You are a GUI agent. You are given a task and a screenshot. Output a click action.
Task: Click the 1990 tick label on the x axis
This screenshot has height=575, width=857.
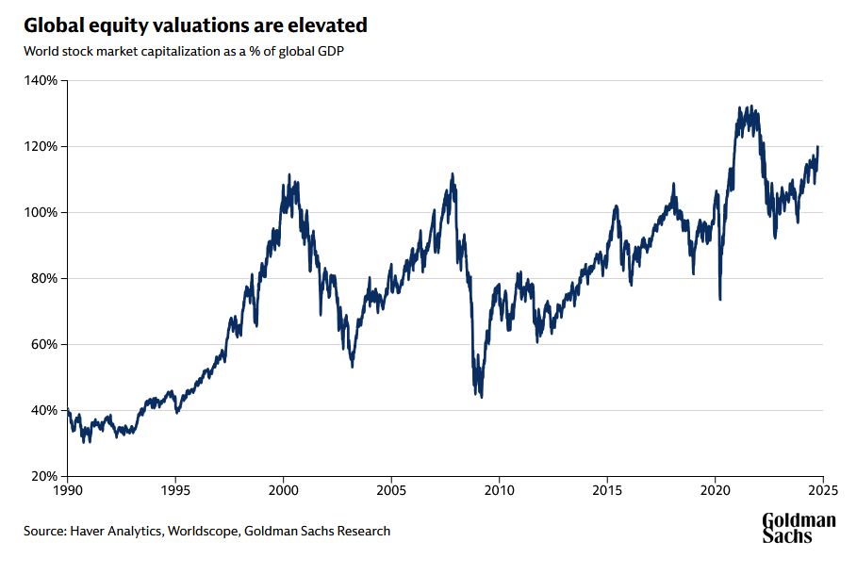[x=68, y=491]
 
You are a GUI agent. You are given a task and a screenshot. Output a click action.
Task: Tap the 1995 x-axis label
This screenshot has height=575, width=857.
[x=176, y=491]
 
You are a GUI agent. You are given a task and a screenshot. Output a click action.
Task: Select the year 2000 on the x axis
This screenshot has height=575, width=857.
[x=284, y=491]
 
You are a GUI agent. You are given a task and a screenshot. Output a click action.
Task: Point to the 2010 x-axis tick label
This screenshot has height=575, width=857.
[x=500, y=491]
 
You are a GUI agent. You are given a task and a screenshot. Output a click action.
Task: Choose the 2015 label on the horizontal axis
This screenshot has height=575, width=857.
[x=607, y=491]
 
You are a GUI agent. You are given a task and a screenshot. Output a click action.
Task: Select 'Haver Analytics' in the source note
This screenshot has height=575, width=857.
[x=116, y=531]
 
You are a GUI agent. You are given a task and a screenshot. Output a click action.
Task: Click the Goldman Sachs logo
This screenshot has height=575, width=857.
[x=799, y=528]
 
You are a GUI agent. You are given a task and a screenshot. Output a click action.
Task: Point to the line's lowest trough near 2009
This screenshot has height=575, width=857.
[x=482, y=397]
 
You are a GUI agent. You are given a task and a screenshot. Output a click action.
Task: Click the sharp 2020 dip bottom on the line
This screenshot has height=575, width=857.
[x=720, y=300]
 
